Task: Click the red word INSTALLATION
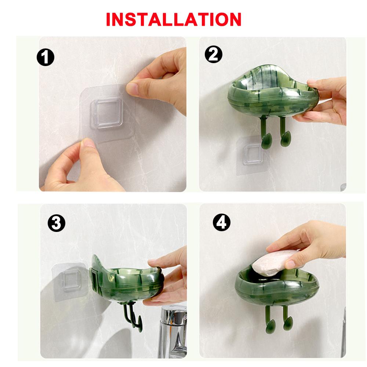[174, 19]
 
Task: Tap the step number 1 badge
[46, 57]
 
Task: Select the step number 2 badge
[214, 54]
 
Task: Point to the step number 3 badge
[57, 223]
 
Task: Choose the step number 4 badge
[221, 222]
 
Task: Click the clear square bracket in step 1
[107, 113]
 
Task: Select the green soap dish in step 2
[273, 94]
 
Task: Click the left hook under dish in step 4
[270, 320]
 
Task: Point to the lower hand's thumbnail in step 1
[87, 142]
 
